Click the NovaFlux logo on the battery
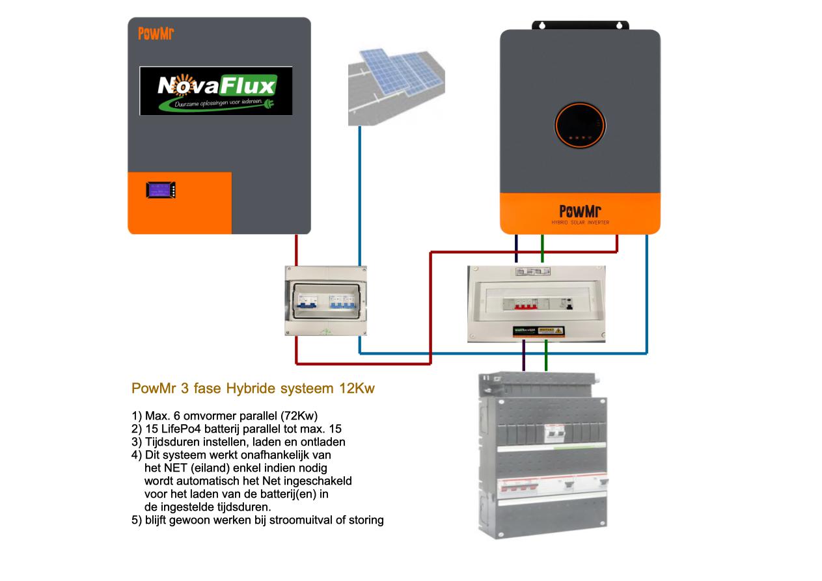coord(215,90)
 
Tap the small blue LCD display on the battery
coord(159,190)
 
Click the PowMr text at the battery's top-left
coord(156,34)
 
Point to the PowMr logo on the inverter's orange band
coord(580,211)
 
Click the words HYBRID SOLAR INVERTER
coord(580,223)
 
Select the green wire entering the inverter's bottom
coord(542,250)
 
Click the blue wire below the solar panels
coord(360,195)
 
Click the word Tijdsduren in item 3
coord(169,442)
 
